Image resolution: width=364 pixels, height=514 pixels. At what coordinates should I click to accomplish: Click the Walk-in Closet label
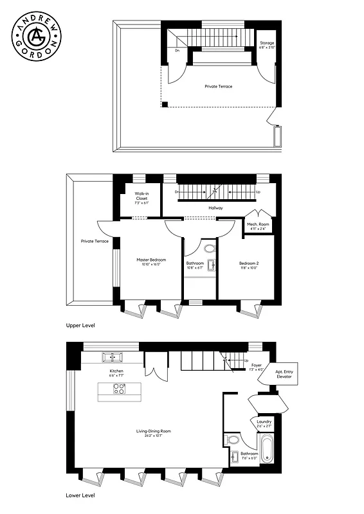141,198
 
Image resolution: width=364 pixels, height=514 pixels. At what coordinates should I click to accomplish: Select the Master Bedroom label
152,262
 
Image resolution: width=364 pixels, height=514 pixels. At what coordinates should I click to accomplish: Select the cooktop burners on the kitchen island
120,389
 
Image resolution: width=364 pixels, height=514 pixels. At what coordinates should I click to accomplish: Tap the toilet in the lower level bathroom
233,441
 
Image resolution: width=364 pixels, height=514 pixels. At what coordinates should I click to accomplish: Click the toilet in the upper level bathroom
210,248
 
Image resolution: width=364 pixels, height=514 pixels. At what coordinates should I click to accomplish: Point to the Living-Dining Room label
153,433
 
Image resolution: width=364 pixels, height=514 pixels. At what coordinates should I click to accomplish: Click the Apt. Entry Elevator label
284,374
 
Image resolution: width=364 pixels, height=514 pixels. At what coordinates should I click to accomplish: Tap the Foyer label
256,366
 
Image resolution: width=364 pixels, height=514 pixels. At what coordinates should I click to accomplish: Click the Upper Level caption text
80,326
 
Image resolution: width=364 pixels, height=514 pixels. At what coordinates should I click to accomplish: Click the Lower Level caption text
81,496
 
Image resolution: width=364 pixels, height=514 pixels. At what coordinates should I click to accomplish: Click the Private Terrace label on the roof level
219,85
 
